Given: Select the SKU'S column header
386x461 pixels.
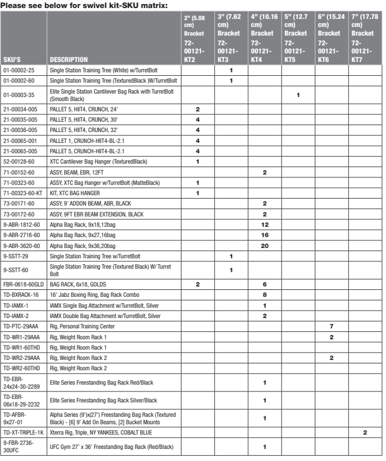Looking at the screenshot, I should (12, 59).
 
